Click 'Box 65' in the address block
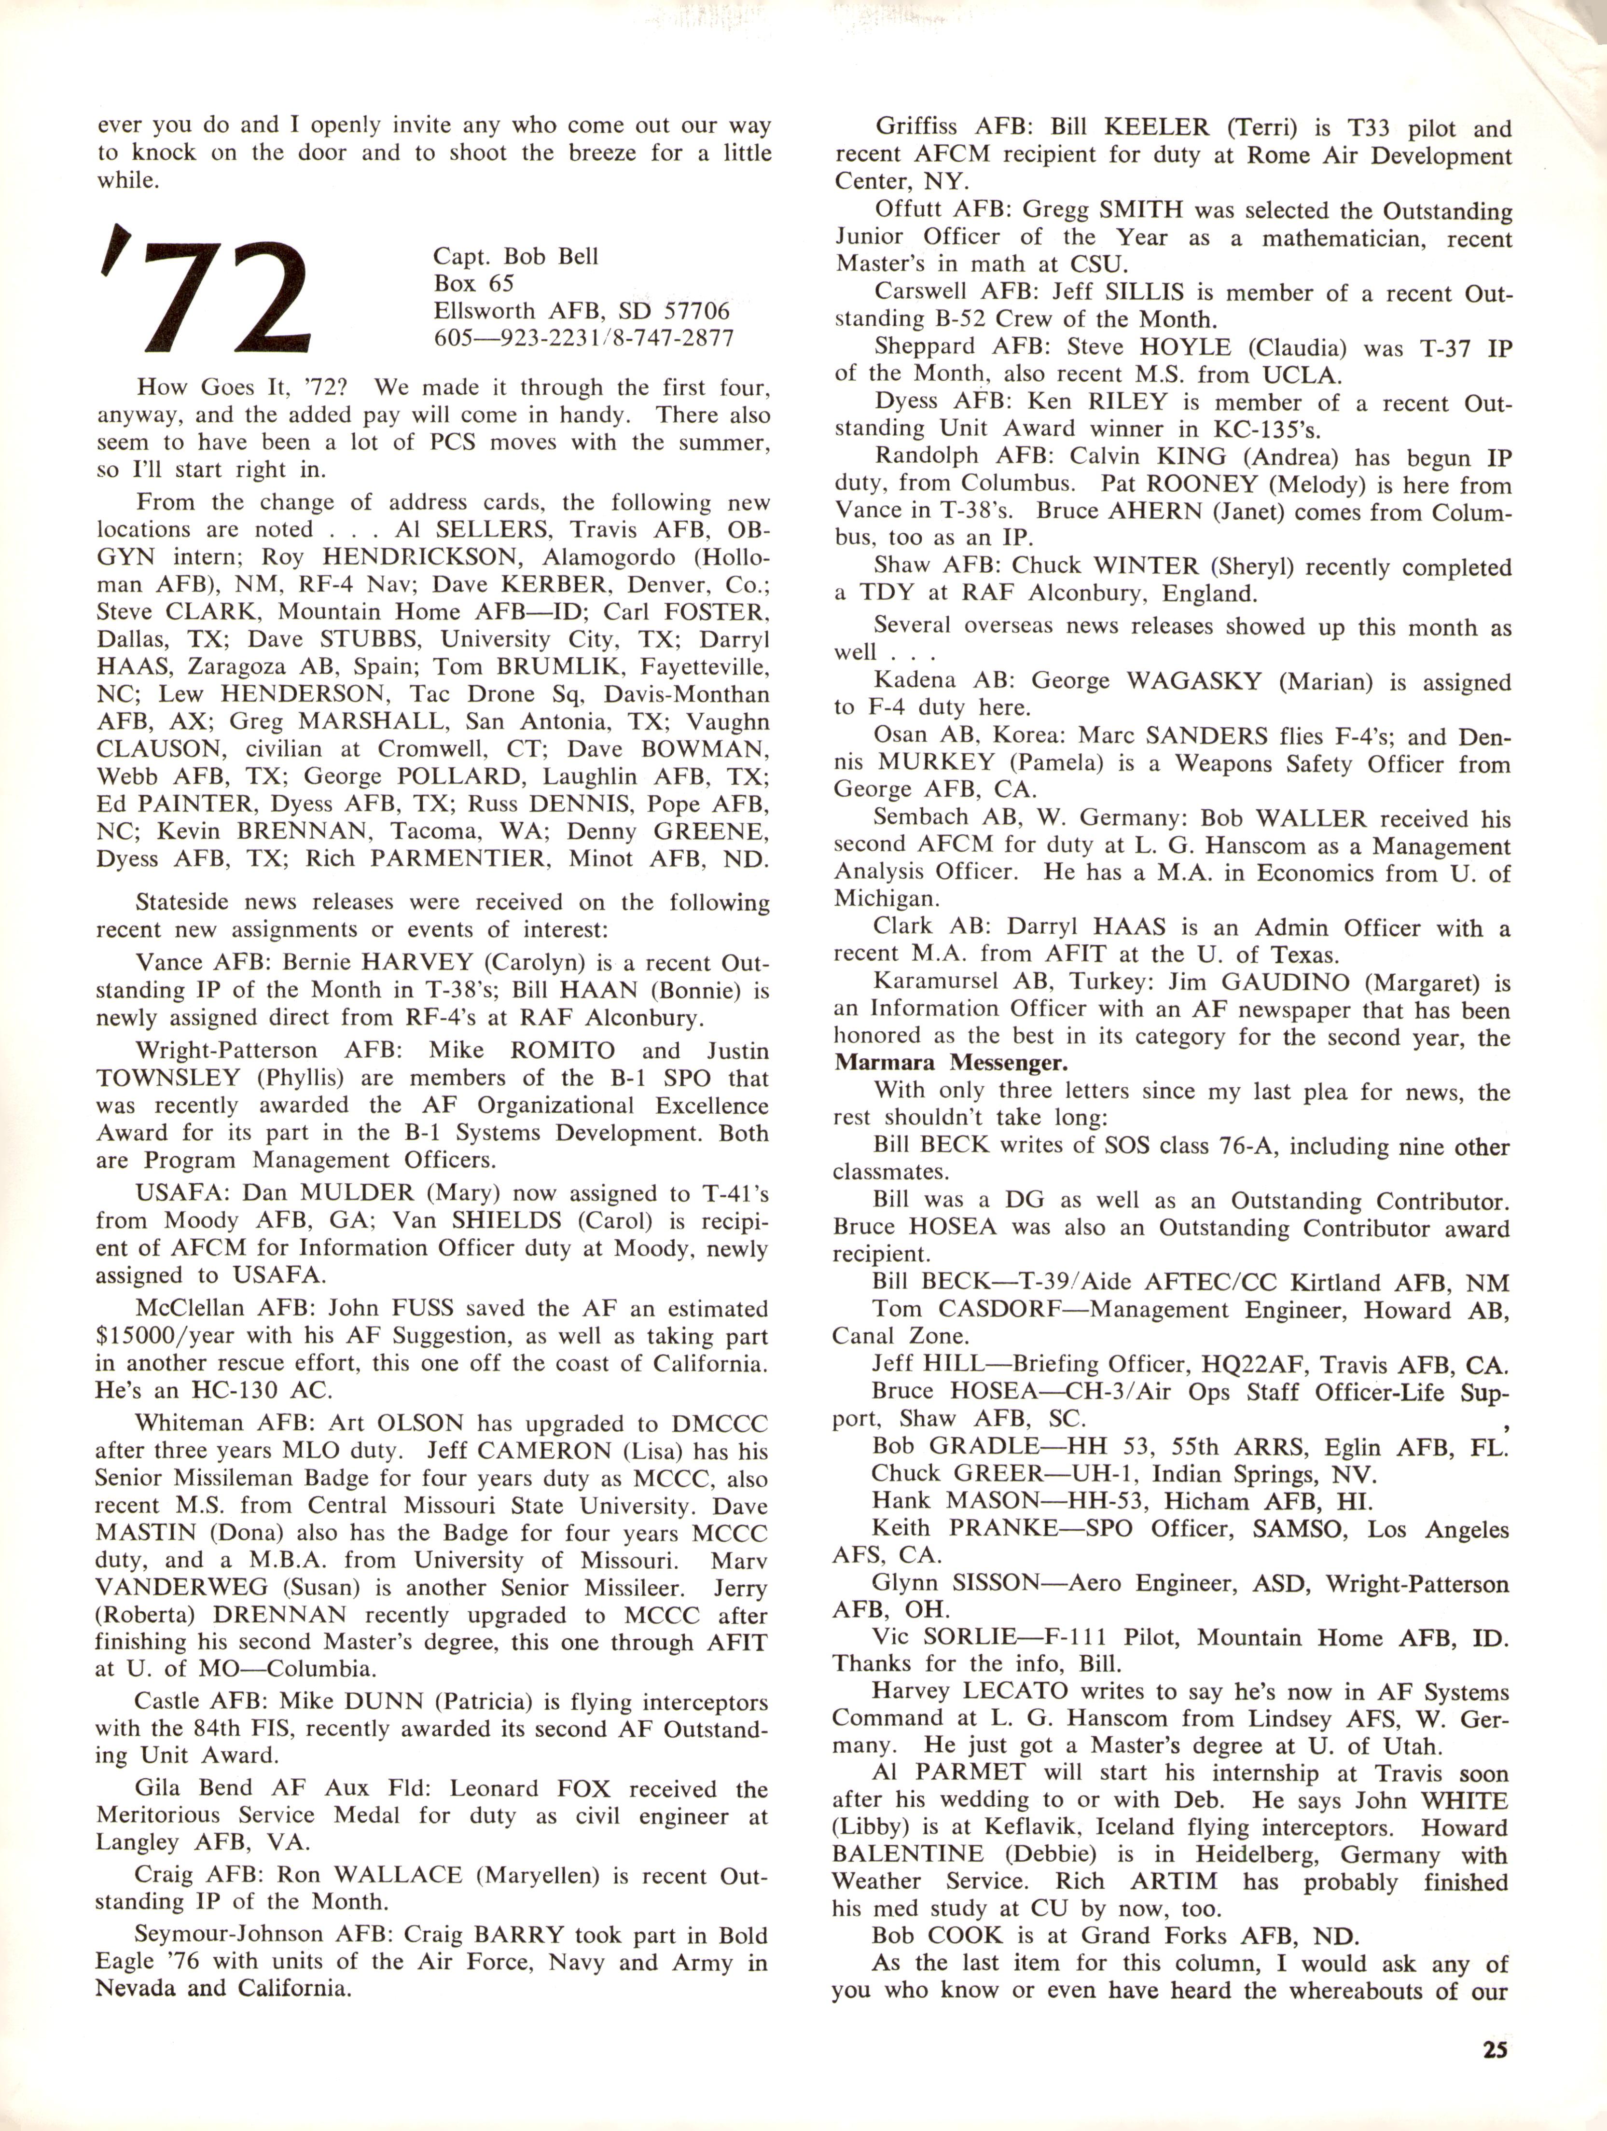coord(473,283)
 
